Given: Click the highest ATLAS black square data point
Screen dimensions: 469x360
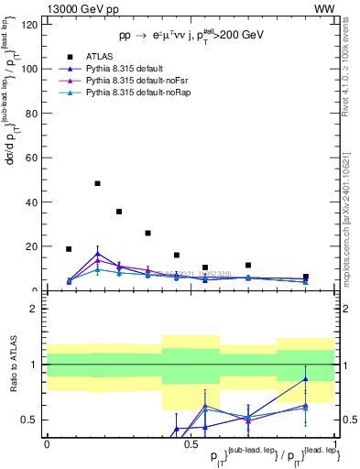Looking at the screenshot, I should (x=98, y=183).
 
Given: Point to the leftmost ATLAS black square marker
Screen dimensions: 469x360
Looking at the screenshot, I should (x=69, y=248).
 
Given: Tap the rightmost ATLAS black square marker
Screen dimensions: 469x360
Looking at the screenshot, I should (x=306, y=277).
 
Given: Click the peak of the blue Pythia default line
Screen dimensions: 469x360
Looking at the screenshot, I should (x=98, y=253).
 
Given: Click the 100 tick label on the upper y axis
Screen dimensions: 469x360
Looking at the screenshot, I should (x=31, y=69).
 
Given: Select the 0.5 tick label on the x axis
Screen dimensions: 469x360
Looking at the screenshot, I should (x=191, y=443).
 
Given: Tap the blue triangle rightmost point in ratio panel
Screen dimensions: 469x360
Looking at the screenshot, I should (x=306, y=378).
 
